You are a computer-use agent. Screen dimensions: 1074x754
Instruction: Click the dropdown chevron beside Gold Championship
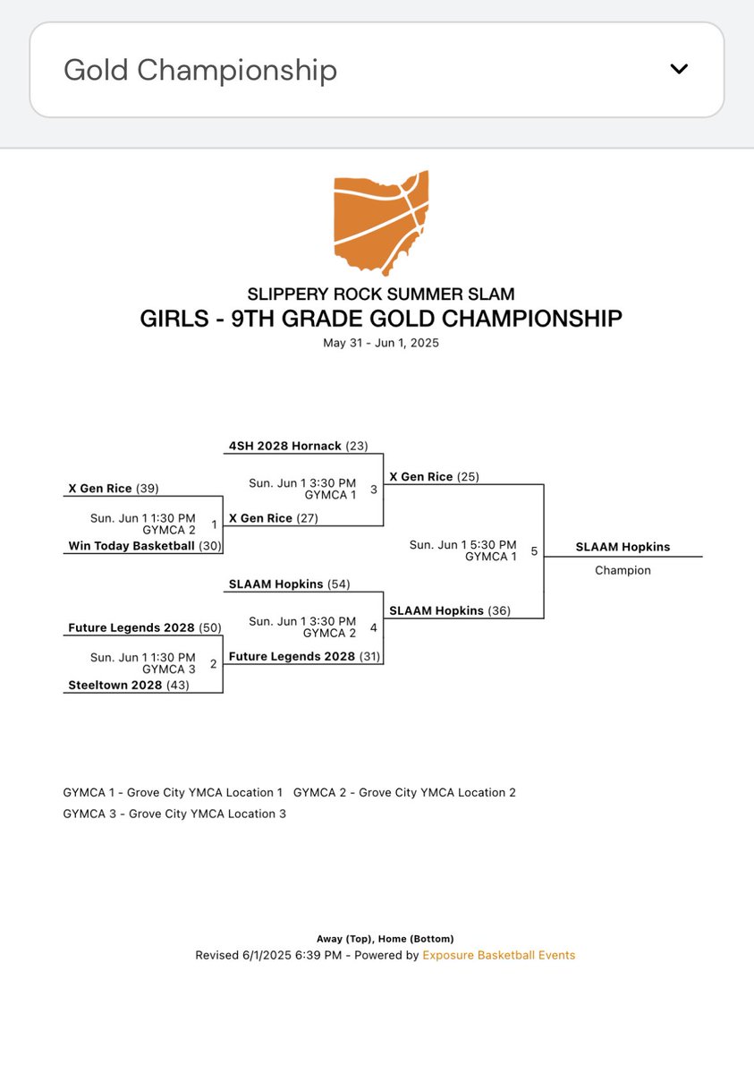point(679,70)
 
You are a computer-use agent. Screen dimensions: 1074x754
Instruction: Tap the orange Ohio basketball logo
point(380,223)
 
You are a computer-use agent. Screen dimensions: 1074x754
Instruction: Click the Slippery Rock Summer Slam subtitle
point(380,294)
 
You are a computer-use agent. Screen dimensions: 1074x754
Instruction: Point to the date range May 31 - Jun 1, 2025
point(380,343)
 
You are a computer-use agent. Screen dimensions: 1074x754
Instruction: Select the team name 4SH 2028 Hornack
point(285,446)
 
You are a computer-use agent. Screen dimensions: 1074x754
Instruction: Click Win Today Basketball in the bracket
point(131,545)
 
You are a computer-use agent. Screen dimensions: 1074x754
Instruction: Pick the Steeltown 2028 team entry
point(115,685)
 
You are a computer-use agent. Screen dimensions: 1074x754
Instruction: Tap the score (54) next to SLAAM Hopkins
point(337,584)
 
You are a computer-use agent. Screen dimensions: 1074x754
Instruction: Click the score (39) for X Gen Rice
point(148,488)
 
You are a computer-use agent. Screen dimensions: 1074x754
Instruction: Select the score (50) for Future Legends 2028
point(209,628)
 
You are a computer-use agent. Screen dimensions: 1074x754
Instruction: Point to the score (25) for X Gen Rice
point(468,477)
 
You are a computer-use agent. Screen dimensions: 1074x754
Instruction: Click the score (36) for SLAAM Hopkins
point(499,610)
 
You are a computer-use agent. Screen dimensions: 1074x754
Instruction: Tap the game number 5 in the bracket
point(534,551)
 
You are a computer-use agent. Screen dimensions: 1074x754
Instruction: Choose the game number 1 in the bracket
point(214,524)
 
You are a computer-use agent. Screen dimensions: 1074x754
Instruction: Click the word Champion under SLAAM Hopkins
point(623,570)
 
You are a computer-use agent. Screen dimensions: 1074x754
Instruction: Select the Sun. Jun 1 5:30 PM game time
point(462,544)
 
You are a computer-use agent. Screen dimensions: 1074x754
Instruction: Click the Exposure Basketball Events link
point(498,955)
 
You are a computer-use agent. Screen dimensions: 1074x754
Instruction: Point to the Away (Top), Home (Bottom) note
point(385,938)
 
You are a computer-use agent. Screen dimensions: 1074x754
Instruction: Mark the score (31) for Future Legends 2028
point(369,656)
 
